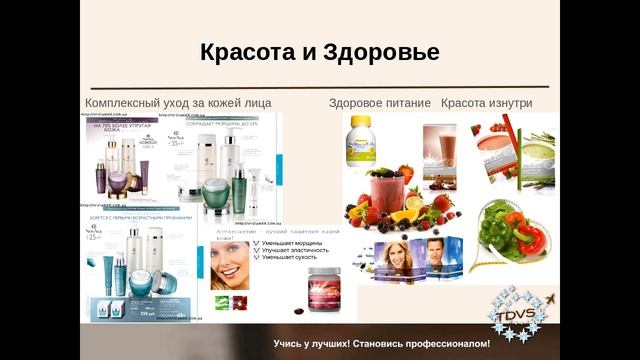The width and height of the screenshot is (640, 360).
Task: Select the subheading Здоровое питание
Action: pos(380,103)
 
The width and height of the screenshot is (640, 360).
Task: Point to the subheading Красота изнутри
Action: pos(486,103)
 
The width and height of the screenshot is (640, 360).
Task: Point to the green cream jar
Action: pos(215,191)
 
